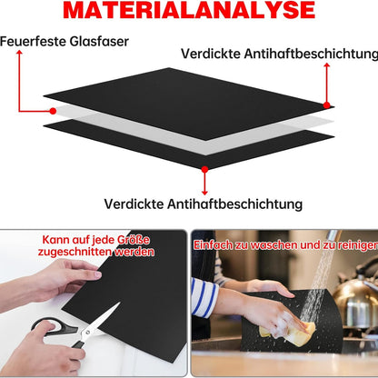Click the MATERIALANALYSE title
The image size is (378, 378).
(189, 10)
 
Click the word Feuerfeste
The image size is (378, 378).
(33, 42)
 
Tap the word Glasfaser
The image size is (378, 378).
(99, 42)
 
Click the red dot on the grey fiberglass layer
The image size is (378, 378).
(53, 111)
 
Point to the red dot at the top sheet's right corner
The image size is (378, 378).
(326, 105)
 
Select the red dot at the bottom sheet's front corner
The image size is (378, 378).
(204, 169)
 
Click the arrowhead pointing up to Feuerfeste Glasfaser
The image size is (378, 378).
(19, 53)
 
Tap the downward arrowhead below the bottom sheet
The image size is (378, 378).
(204, 193)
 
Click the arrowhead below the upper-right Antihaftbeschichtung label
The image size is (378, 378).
(326, 65)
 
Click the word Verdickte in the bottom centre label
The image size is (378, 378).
(134, 204)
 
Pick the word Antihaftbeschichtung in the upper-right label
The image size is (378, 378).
(312, 54)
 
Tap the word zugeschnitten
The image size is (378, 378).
(75, 252)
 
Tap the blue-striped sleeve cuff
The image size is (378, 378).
(204, 297)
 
